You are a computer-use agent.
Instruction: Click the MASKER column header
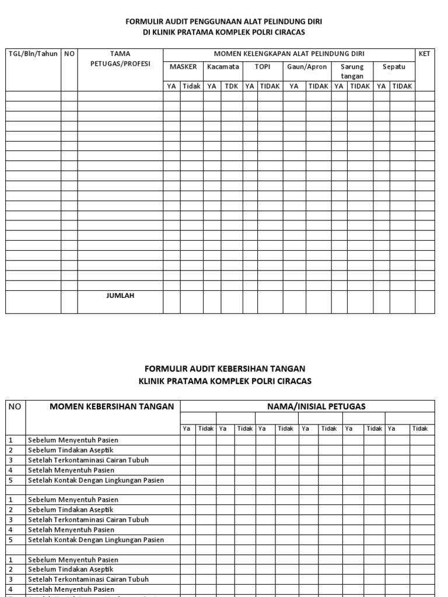point(183,66)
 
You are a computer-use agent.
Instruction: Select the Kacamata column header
point(223,66)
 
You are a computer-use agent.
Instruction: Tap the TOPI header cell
point(262,66)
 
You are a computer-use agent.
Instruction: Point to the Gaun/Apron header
point(307,66)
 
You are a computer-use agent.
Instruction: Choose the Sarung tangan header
point(352,71)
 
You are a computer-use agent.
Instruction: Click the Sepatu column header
point(394,66)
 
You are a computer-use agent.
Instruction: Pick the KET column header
point(425,54)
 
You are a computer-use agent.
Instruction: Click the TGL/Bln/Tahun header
point(33,54)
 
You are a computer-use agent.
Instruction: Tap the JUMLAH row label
point(120,296)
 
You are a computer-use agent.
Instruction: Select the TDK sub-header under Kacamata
point(232,86)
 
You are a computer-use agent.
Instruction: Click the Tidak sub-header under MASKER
point(191,86)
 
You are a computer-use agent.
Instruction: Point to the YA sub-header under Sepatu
point(381,86)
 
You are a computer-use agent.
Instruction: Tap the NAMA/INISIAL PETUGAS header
point(307,406)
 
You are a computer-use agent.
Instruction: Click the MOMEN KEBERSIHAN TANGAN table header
point(103,406)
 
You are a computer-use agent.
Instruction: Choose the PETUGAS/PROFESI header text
point(120,64)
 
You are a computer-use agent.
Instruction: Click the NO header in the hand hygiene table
point(15,406)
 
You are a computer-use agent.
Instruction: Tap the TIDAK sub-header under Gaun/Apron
point(318,86)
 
